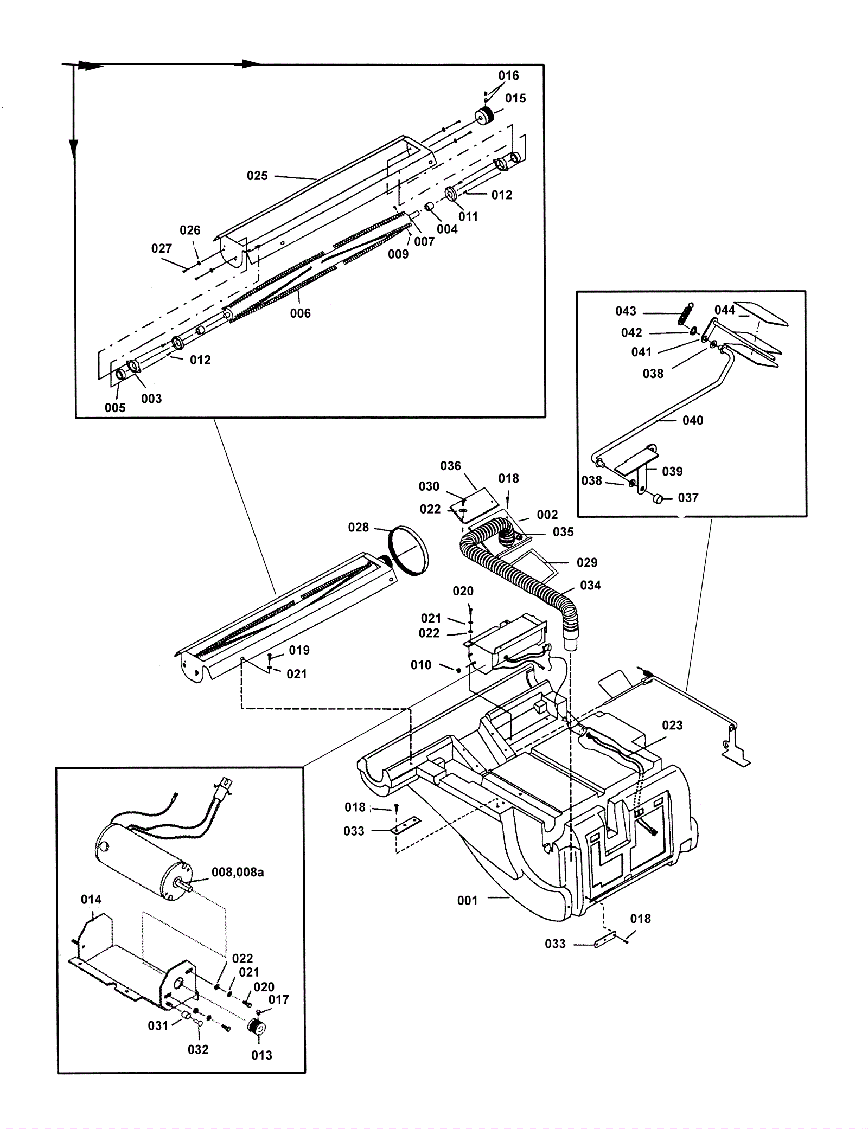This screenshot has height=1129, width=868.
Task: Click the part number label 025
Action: click(257, 176)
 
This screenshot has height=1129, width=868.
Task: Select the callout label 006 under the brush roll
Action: click(301, 313)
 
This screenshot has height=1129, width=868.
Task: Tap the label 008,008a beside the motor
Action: click(238, 873)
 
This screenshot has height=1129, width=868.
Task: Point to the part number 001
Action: click(467, 901)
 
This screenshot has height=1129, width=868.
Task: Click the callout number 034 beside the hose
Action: click(590, 585)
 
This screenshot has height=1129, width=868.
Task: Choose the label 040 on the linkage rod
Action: click(693, 420)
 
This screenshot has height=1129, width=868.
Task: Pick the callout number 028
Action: click(358, 527)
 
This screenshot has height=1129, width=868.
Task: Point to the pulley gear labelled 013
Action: click(257, 1027)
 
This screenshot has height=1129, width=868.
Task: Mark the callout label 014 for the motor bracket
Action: click(91, 900)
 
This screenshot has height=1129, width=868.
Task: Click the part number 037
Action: click(688, 497)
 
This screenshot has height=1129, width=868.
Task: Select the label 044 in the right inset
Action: click(725, 310)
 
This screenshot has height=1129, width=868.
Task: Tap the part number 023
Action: click(672, 726)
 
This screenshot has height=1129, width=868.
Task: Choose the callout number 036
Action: click(450, 466)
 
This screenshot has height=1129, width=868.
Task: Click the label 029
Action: click(587, 562)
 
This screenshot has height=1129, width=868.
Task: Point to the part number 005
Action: click(115, 408)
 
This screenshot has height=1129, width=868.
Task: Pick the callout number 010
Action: click(421, 665)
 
